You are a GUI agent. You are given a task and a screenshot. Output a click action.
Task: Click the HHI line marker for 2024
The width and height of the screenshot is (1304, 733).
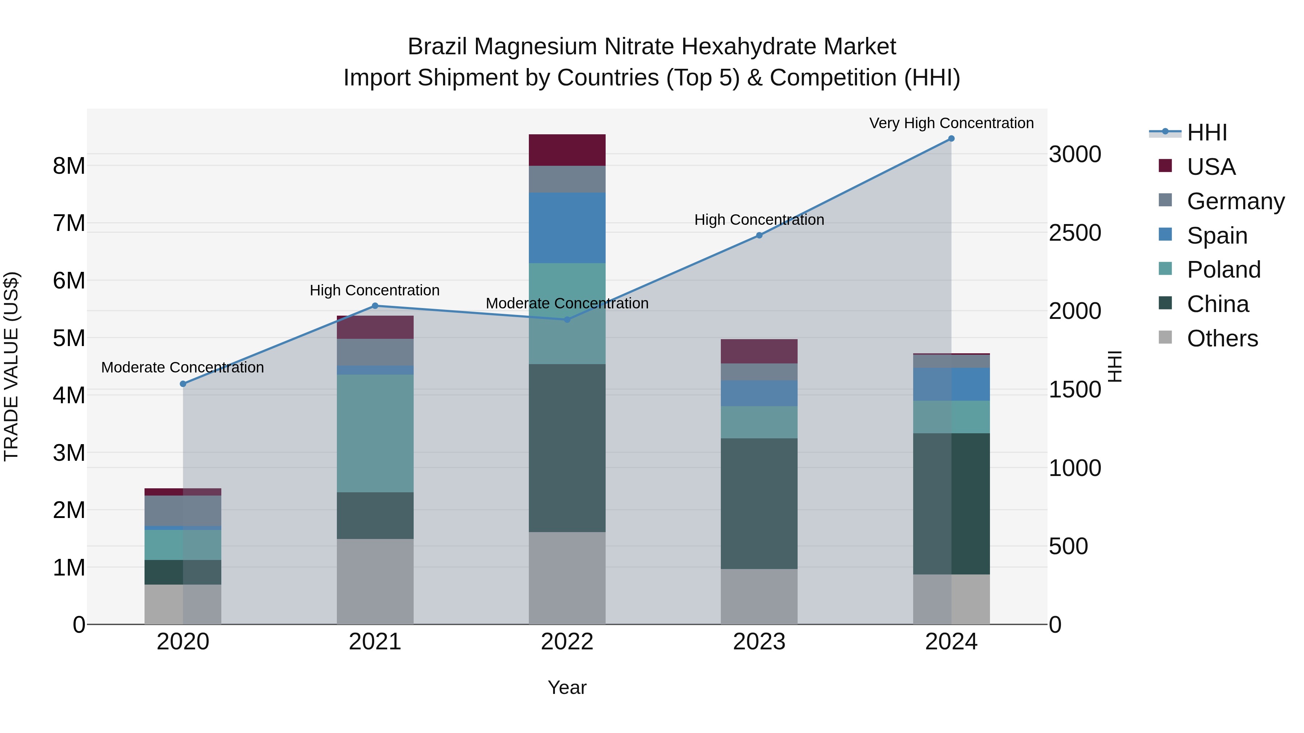click(951, 139)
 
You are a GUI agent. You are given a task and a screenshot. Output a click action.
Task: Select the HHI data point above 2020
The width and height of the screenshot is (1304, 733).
click(183, 384)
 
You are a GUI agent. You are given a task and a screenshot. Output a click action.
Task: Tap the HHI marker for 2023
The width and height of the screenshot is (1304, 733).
click(759, 235)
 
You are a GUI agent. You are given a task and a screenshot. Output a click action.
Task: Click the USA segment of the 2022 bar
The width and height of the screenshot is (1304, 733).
click(567, 150)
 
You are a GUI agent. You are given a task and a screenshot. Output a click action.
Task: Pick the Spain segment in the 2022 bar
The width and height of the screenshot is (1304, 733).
click(567, 228)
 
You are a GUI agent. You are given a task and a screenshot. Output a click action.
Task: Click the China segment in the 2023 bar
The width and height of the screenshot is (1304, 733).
click(759, 504)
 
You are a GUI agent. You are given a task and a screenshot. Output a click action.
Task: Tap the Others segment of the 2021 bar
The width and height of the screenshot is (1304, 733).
click(375, 581)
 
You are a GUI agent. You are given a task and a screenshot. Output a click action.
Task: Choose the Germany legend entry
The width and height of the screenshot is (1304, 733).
click(1235, 201)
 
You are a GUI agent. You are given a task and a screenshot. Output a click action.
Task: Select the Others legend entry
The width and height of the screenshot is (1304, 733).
click(1222, 338)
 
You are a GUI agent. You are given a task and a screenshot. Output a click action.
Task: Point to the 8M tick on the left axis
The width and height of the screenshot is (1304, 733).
click(69, 166)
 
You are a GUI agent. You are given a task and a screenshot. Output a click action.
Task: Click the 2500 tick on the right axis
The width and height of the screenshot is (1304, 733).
click(1075, 233)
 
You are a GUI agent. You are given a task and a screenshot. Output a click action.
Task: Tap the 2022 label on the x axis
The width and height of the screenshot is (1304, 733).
click(567, 642)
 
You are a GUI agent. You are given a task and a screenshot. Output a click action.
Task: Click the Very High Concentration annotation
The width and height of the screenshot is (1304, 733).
click(951, 123)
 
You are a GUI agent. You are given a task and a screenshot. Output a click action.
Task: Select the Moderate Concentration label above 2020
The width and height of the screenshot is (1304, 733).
click(183, 367)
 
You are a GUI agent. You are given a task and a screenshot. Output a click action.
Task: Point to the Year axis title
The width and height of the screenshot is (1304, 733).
click(567, 687)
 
